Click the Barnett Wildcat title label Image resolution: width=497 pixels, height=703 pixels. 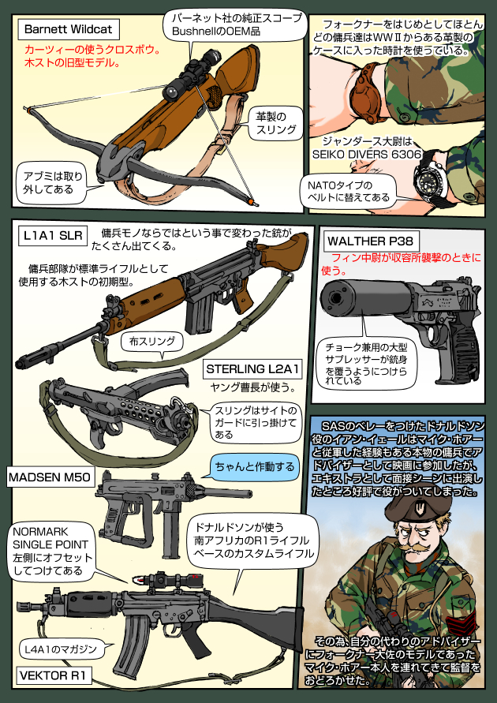click(69, 30)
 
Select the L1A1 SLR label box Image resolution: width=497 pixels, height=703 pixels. click(53, 236)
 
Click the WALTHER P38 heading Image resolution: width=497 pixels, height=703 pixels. click(371, 241)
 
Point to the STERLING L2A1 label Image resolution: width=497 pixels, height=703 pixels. click(252, 369)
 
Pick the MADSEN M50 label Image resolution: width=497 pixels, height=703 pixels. click(50, 478)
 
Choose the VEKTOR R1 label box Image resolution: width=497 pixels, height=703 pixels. click(55, 675)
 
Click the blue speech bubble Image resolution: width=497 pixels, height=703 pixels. click(254, 467)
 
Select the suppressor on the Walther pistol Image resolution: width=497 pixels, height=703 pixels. click(364, 297)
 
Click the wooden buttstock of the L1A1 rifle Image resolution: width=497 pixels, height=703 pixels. click(283, 252)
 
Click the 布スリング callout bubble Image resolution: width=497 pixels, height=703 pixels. click(152, 342)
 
